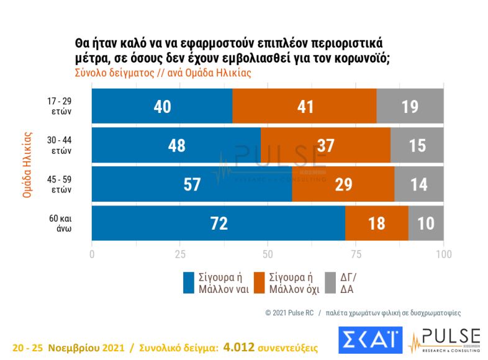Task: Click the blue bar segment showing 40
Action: (x=162, y=106)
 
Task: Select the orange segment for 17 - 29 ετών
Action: (x=304, y=106)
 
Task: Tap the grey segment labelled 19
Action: (x=410, y=106)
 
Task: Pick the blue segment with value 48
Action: (x=176, y=145)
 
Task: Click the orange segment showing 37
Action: (x=325, y=145)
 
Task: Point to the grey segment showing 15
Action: (x=417, y=145)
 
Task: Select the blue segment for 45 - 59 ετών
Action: (x=192, y=184)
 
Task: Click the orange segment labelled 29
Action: (x=343, y=184)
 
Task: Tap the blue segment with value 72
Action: (x=219, y=223)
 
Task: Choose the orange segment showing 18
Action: (x=377, y=223)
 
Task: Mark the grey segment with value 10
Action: (x=426, y=223)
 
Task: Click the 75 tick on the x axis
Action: (x=356, y=254)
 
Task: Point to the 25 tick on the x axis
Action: (x=180, y=254)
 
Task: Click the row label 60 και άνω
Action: (x=63, y=223)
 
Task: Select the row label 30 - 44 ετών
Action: (x=63, y=145)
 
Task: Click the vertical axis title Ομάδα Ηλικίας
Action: (x=27, y=164)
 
